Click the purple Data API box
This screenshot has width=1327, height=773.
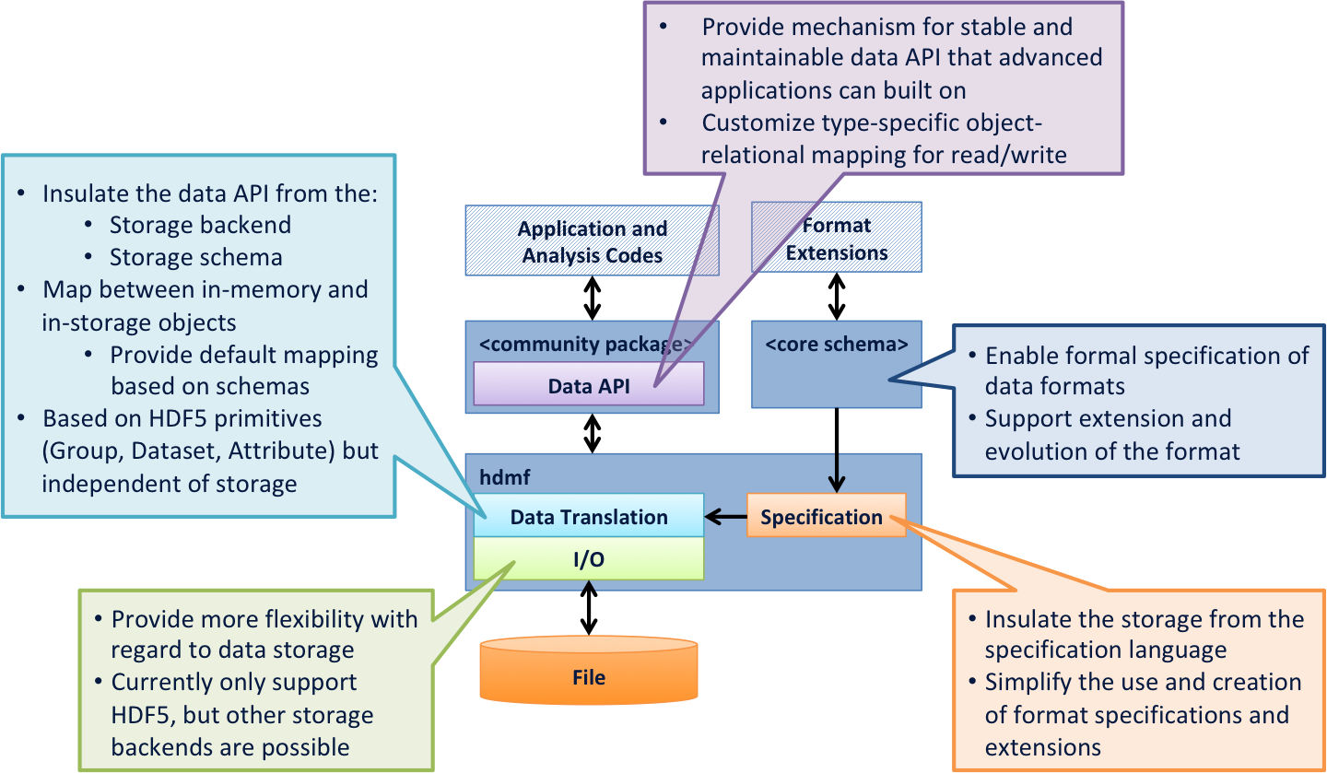[588, 385]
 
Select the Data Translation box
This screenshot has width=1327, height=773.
[588, 517]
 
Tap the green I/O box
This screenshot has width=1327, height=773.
[588, 559]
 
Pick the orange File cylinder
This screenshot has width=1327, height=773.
[588, 678]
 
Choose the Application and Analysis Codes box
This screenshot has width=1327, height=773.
[592, 241]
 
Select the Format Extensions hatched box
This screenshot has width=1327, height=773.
[836, 239]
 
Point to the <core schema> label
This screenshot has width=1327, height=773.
[836, 345]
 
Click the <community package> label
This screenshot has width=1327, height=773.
[586, 345]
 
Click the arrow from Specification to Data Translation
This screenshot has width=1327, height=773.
[726, 518]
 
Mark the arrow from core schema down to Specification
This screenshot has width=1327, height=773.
[836, 471]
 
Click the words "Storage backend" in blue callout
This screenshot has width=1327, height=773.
[200, 225]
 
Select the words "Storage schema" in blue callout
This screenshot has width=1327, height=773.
[195, 256]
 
